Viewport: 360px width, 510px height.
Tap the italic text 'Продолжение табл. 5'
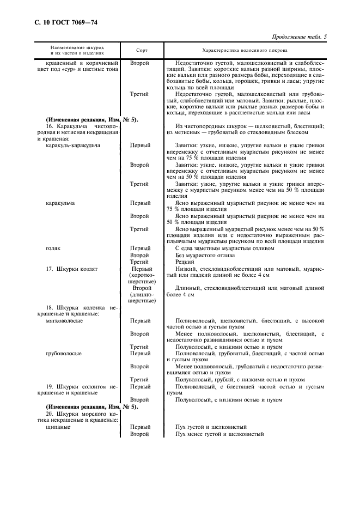tap(303, 37)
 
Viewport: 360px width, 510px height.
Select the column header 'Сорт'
tap(141, 50)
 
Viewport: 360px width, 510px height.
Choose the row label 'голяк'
tap(53, 248)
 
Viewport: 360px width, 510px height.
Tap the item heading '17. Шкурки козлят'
tap(74, 269)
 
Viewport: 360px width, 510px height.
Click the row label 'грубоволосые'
tap(64, 353)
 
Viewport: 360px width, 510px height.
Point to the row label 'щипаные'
tap(57, 427)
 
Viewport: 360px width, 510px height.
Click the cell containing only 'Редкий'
tap(184, 262)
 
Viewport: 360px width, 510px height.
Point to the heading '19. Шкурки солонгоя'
tap(78, 386)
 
